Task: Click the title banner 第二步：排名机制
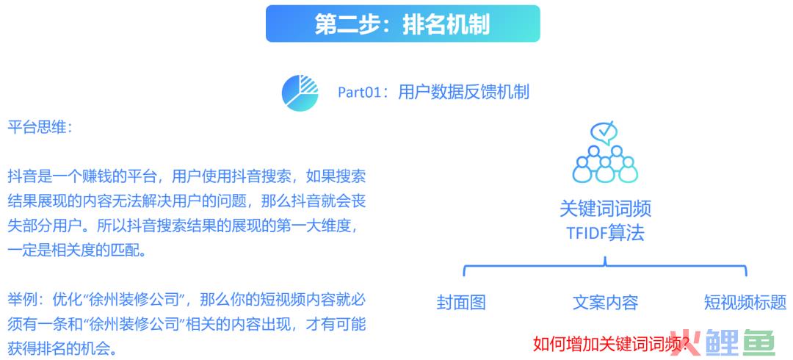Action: click(402, 24)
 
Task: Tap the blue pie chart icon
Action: click(300, 92)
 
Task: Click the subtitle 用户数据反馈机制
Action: click(464, 93)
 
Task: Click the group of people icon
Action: click(605, 164)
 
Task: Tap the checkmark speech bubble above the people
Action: click(604, 133)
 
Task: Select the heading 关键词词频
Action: click(605, 209)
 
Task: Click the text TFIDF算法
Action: click(605, 234)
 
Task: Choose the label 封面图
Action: click(461, 302)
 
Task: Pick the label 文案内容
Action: click(605, 302)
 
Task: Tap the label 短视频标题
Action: click(745, 302)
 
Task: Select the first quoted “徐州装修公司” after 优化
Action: click(134, 299)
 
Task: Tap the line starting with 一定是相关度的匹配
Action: click(76, 250)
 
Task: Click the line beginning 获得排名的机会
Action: click(62, 348)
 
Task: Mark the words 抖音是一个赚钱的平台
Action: click(82, 177)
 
